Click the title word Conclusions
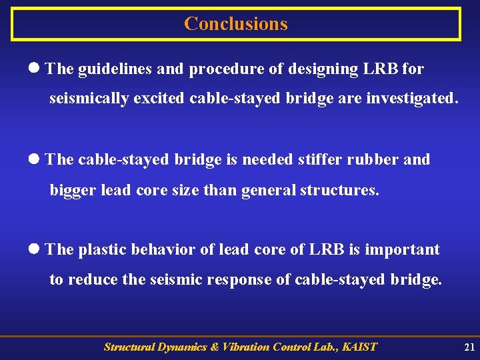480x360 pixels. [236, 24]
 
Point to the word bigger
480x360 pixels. [73, 190]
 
